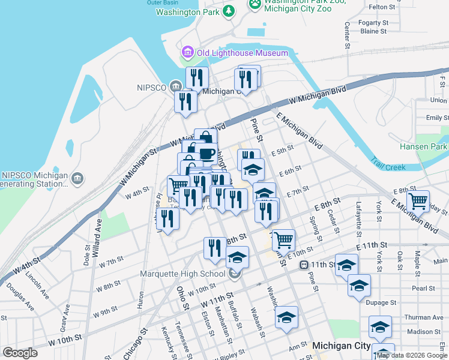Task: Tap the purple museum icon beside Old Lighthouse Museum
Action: click(x=188, y=53)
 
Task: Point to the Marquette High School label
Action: click(x=182, y=274)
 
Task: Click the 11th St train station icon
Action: click(x=305, y=265)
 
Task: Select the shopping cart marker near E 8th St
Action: click(x=418, y=200)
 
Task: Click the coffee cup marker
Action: click(x=206, y=154)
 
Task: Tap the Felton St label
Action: click(x=382, y=7)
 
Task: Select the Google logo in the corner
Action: click(x=20, y=353)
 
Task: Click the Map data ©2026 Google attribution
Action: click(x=412, y=355)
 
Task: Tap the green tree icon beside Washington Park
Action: click(x=229, y=11)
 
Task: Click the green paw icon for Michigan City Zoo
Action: click(x=256, y=4)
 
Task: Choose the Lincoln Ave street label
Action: click(x=38, y=284)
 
